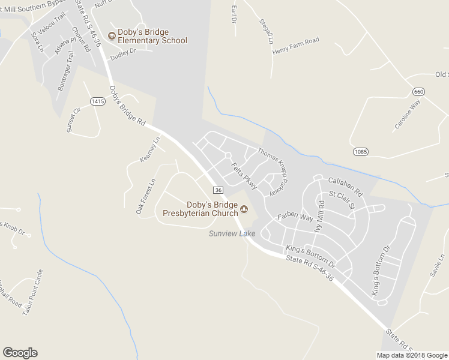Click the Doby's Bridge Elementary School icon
tap(112, 36)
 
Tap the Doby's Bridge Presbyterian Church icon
tap(244, 209)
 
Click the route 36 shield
tap(218, 190)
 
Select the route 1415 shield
tap(98, 101)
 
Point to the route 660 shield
tap(418, 91)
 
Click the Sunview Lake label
tap(232, 233)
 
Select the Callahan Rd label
tap(346, 186)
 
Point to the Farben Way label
tap(295, 216)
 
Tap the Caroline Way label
tap(408, 115)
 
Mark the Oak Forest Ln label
tap(145, 196)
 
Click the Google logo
tap(20, 353)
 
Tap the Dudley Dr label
tap(123, 52)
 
